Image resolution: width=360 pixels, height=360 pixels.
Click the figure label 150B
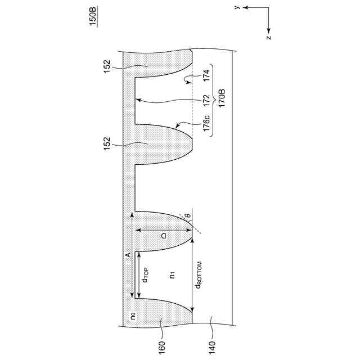pyautogui.click(x=93, y=16)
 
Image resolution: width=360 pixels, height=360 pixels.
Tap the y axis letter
pyautogui.click(x=237, y=7)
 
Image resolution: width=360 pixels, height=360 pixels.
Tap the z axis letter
pyautogui.click(x=269, y=37)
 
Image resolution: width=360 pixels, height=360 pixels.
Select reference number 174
pyautogui.click(x=206, y=75)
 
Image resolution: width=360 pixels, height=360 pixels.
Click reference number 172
pyautogui.click(x=206, y=100)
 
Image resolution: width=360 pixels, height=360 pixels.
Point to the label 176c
pyautogui.click(x=206, y=124)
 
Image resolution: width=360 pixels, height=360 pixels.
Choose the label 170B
pyautogui.click(x=222, y=98)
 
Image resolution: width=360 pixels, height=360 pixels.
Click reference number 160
pyautogui.click(x=161, y=348)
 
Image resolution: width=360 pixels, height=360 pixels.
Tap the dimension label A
pyautogui.click(x=128, y=255)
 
